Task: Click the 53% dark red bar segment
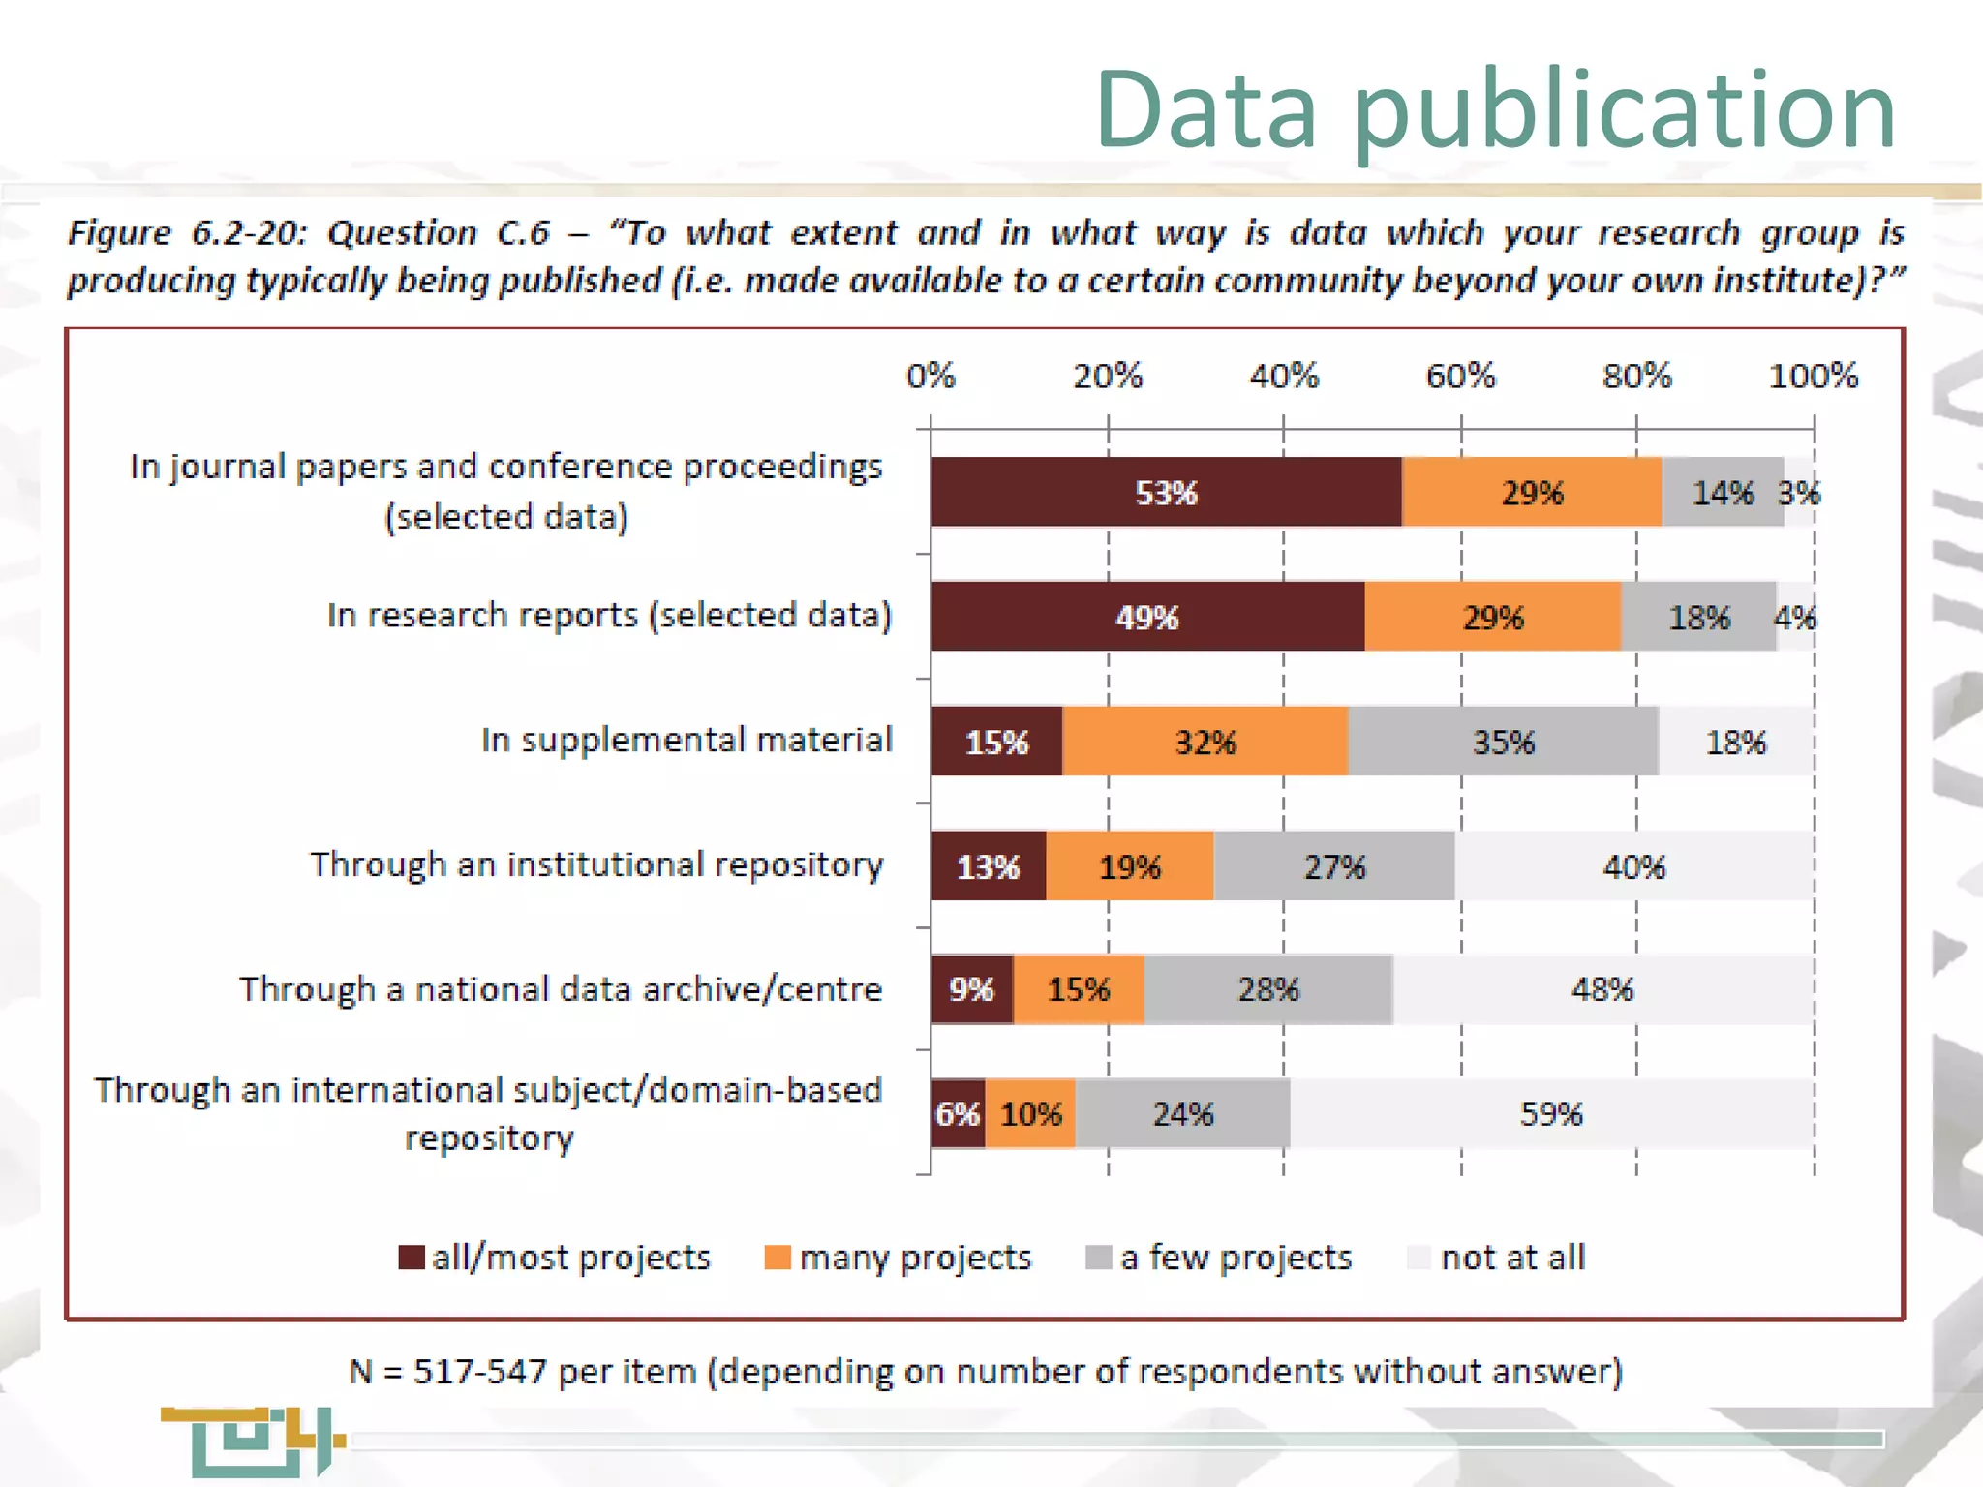click(1166, 492)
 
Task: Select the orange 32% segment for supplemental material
click(1205, 742)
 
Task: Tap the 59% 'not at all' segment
click(1551, 1113)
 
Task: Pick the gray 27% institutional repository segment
click(1333, 866)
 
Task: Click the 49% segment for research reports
click(1147, 617)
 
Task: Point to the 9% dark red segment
click(971, 989)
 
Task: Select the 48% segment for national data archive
click(1602, 989)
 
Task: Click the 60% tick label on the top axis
click(1460, 376)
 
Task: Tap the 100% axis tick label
click(1813, 376)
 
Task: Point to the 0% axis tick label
click(930, 376)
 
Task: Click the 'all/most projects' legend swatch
click(412, 1258)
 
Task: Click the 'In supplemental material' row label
click(686, 740)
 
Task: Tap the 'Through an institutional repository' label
click(596, 865)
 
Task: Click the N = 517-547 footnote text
click(985, 1372)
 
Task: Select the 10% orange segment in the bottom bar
click(1030, 1113)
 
